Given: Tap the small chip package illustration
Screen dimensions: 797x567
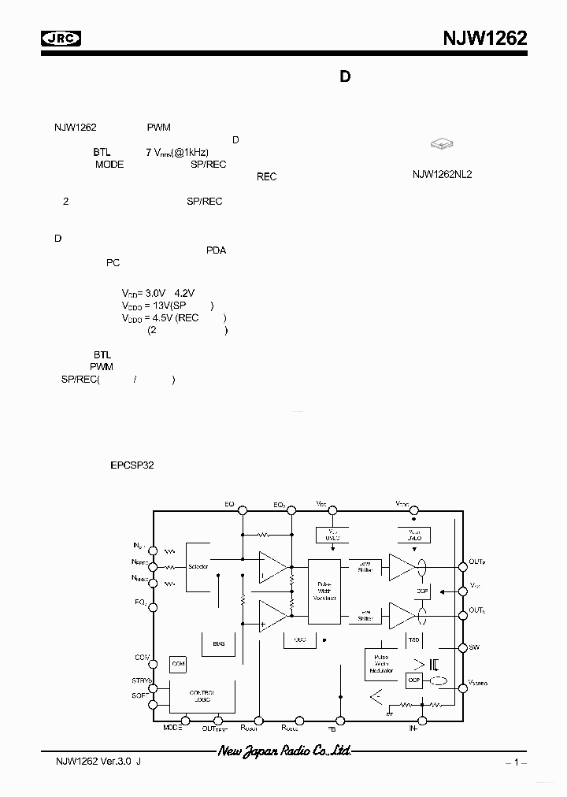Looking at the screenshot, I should (442, 144).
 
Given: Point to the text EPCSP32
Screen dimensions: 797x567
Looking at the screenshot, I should (132, 465).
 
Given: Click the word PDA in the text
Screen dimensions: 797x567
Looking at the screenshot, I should (216, 250).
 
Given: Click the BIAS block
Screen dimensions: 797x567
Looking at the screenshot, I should (218, 643).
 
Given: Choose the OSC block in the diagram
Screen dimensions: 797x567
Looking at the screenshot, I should (299, 639).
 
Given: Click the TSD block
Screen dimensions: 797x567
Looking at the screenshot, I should (413, 638).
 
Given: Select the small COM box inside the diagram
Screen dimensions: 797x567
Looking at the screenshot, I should (178, 664).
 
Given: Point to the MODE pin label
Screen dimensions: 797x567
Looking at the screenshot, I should (172, 728).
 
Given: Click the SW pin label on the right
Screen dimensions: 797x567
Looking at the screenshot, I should (473, 647).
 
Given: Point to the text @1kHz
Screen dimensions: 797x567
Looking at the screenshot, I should (189, 152).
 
